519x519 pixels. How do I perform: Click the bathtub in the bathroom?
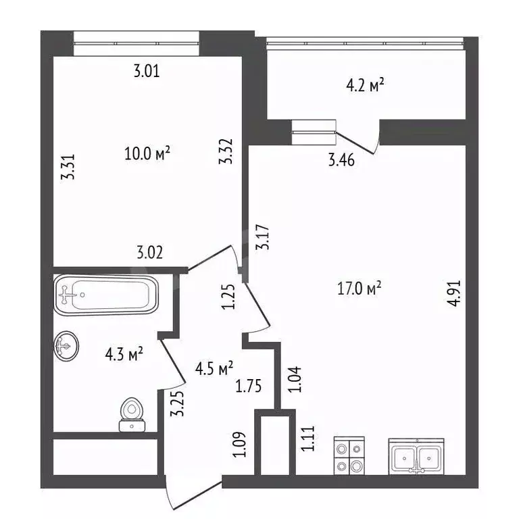[x=106, y=295]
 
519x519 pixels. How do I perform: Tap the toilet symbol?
[x=132, y=415]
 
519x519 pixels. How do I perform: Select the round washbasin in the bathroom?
[x=66, y=346]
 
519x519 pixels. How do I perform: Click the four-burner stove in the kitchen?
[x=349, y=455]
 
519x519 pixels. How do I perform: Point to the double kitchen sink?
[x=416, y=457]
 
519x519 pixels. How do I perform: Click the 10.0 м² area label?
[x=147, y=153]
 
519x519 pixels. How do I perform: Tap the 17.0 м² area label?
[x=360, y=288]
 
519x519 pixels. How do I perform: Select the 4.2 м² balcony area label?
[x=365, y=85]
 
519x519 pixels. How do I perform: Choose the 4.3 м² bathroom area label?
[x=124, y=355]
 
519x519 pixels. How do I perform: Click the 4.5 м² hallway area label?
[x=214, y=368]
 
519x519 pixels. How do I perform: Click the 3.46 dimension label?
[x=341, y=160]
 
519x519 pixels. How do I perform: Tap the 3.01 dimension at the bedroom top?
[x=147, y=71]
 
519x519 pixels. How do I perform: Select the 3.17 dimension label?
[x=263, y=237]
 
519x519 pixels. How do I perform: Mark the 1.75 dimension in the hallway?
[x=248, y=386]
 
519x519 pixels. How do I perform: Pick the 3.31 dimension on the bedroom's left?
[x=68, y=167]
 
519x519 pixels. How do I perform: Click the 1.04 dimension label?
[x=294, y=379]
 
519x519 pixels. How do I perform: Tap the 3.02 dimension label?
[x=149, y=253]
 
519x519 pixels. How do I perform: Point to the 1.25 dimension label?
[x=228, y=297]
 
